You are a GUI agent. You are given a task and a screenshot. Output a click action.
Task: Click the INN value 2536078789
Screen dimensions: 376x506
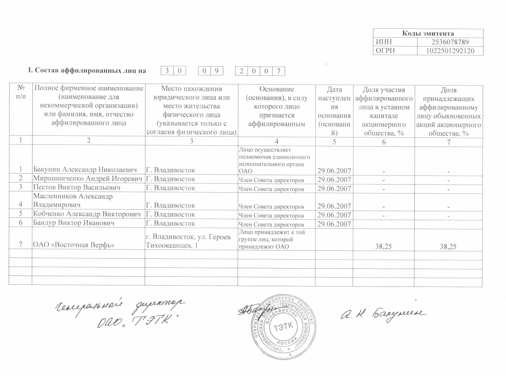click(x=450, y=42)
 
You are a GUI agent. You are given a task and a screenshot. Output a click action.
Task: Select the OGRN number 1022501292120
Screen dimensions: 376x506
click(x=450, y=51)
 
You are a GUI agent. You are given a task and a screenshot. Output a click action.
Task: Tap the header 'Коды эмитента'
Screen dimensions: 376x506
click(x=428, y=34)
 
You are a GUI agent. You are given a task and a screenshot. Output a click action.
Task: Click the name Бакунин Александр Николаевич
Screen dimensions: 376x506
click(x=85, y=170)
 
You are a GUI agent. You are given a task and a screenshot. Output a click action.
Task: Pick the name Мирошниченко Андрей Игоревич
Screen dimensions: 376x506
click(x=88, y=179)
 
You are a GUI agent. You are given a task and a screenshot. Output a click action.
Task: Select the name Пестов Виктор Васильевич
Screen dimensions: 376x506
click(x=77, y=188)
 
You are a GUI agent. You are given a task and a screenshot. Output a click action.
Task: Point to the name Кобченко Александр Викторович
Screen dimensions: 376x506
click(x=87, y=214)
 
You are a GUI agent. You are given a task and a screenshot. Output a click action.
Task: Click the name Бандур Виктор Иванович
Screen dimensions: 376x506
click(x=74, y=223)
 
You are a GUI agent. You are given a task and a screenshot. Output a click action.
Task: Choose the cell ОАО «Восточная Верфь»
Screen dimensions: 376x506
click(x=74, y=245)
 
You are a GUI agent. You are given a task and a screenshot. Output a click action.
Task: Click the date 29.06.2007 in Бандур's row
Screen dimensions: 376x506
click(x=334, y=224)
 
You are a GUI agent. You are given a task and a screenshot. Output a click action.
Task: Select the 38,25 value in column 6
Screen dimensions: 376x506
click(x=383, y=246)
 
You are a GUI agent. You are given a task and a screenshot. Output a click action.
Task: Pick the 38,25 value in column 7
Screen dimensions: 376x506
click(x=448, y=246)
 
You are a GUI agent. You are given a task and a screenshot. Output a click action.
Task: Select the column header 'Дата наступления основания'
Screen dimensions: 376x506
click(x=334, y=111)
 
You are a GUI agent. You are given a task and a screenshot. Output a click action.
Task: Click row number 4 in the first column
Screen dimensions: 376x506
click(x=21, y=205)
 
